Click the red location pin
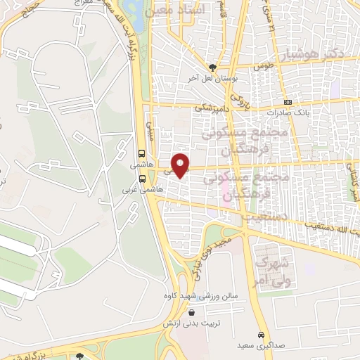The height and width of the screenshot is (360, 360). point(181,165)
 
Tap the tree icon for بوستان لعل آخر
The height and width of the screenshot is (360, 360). point(212,68)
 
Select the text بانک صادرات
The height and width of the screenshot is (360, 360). point(288,112)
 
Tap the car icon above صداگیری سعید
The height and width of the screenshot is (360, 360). point(262,334)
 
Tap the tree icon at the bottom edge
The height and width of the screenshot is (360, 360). point(80,356)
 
